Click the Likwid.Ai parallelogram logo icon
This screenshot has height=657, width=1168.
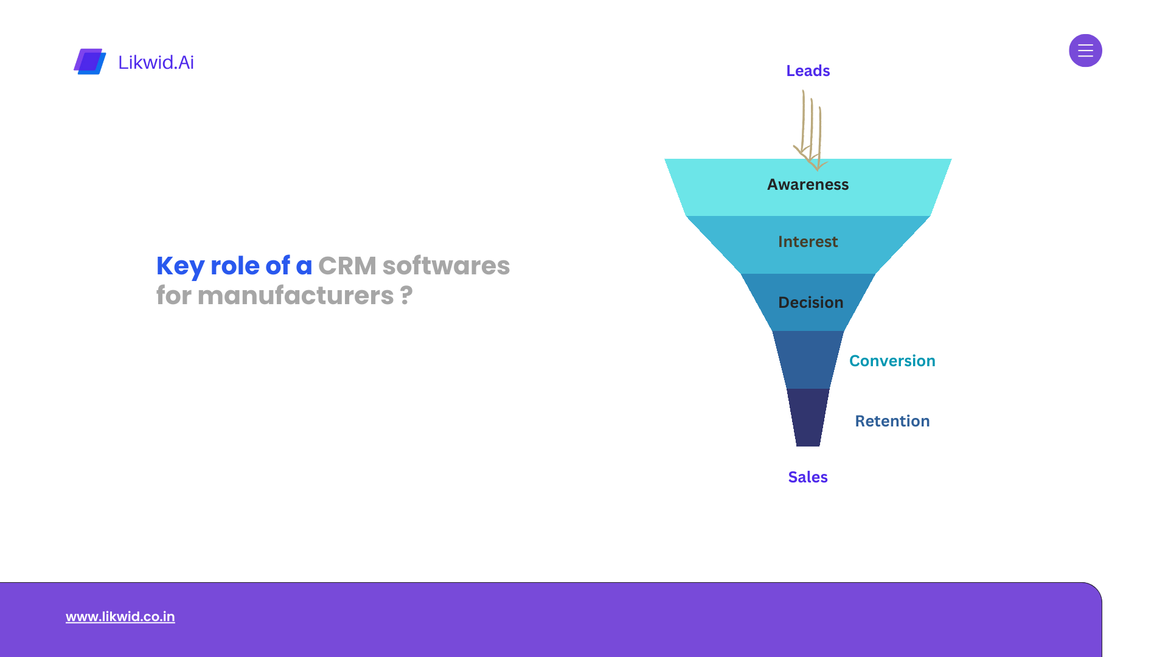90,61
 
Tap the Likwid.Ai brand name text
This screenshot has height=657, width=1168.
156,62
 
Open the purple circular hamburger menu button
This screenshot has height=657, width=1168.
1085,50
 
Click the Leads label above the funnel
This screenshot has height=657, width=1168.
808,71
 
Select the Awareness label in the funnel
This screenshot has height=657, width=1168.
808,184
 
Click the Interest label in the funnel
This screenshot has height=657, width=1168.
808,242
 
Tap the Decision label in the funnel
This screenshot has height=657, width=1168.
811,302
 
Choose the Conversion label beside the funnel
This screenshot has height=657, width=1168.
892,361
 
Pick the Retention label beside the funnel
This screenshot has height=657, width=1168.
892,421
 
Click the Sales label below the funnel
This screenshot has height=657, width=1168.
808,477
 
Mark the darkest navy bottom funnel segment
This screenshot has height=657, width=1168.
808,417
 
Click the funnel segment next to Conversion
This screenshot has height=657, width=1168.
808,360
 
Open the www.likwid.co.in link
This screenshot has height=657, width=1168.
120,616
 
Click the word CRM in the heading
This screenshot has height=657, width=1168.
347,266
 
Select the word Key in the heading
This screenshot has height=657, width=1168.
180,266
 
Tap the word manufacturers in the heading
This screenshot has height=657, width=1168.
296,296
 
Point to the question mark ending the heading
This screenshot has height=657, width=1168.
406,296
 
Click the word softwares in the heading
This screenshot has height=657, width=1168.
446,266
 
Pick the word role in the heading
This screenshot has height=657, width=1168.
235,266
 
